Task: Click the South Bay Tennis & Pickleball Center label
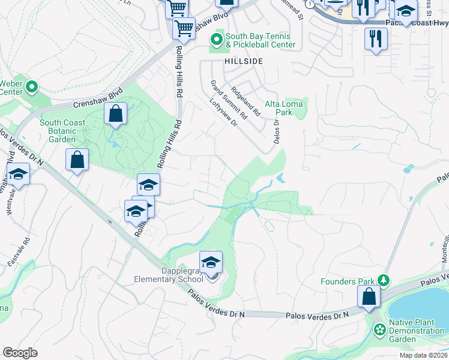pyautogui.click(x=261, y=40)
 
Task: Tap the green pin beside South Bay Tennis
pyautogui.click(x=216, y=40)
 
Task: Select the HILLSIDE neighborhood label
pyautogui.click(x=244, y=61)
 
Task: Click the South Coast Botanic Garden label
pyautogui.click(x=62, y=131)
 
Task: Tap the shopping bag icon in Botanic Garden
pyautogui.click(x=115, y=113)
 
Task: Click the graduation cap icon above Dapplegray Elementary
pyautogui.click(x=211, y=262)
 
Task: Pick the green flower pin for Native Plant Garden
pyautogui.click(x=379, y=329)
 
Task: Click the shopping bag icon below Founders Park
pyautogui.click(x=369, y=296)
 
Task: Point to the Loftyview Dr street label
pyautogui.click(x=224, y=111)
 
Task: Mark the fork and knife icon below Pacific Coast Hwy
pyautogui.click(x=376, y=38)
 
